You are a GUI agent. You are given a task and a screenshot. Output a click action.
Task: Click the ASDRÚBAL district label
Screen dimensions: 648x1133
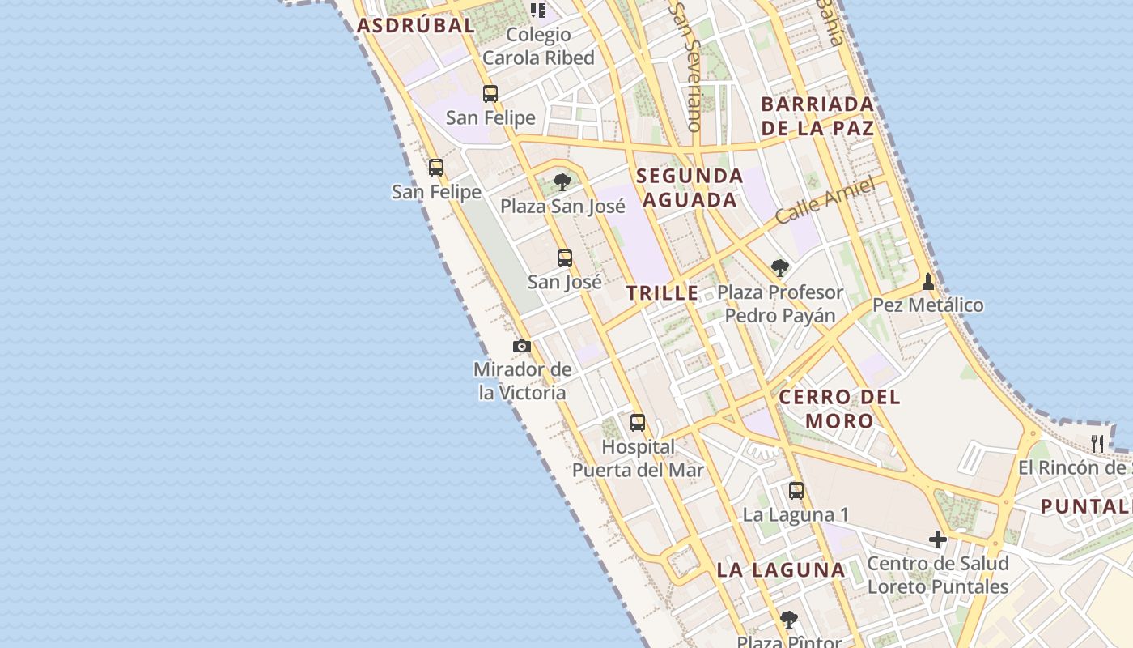pos(415,25)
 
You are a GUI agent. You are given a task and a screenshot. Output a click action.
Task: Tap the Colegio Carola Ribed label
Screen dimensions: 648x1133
pos(538,46)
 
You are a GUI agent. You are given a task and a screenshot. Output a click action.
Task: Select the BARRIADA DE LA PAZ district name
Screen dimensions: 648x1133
pos(817,116)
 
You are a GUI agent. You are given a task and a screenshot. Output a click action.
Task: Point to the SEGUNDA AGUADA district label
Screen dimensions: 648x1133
pos(689,188)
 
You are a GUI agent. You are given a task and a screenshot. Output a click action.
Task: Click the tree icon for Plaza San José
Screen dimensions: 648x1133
pos(562,182)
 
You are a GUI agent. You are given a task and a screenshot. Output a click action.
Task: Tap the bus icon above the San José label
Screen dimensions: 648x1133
pos(565,258)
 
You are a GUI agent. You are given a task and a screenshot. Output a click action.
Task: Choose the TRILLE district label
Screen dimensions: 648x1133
pos(663,293)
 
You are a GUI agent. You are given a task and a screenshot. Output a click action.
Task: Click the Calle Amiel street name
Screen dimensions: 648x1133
pos(825,201)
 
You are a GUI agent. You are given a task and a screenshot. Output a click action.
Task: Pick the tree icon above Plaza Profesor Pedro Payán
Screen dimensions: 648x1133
pos(780,268)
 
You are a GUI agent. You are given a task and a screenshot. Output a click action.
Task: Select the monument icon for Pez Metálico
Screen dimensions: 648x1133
pos(928,283)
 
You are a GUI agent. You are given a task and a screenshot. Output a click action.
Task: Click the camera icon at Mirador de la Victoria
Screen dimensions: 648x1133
pos(522,347)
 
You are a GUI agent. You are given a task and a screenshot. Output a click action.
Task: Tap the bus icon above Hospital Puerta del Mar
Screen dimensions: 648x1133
pos(638,422)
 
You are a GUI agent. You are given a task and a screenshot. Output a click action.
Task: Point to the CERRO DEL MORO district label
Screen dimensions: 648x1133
pos(839,408)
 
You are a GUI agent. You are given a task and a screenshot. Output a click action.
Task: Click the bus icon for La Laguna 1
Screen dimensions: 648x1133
pos(796,490)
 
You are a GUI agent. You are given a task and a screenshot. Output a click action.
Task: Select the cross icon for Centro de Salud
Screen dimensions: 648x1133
pos(938,539)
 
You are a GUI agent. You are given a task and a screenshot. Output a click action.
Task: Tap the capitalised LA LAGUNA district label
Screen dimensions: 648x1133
pos(781,569)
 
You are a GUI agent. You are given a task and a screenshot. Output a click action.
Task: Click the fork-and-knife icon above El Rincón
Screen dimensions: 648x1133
pos(1097,443)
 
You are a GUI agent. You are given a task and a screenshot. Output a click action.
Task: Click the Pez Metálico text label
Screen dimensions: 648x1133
pos(928,305)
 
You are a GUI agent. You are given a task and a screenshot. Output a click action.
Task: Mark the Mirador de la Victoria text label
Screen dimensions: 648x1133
pos(522,382)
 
